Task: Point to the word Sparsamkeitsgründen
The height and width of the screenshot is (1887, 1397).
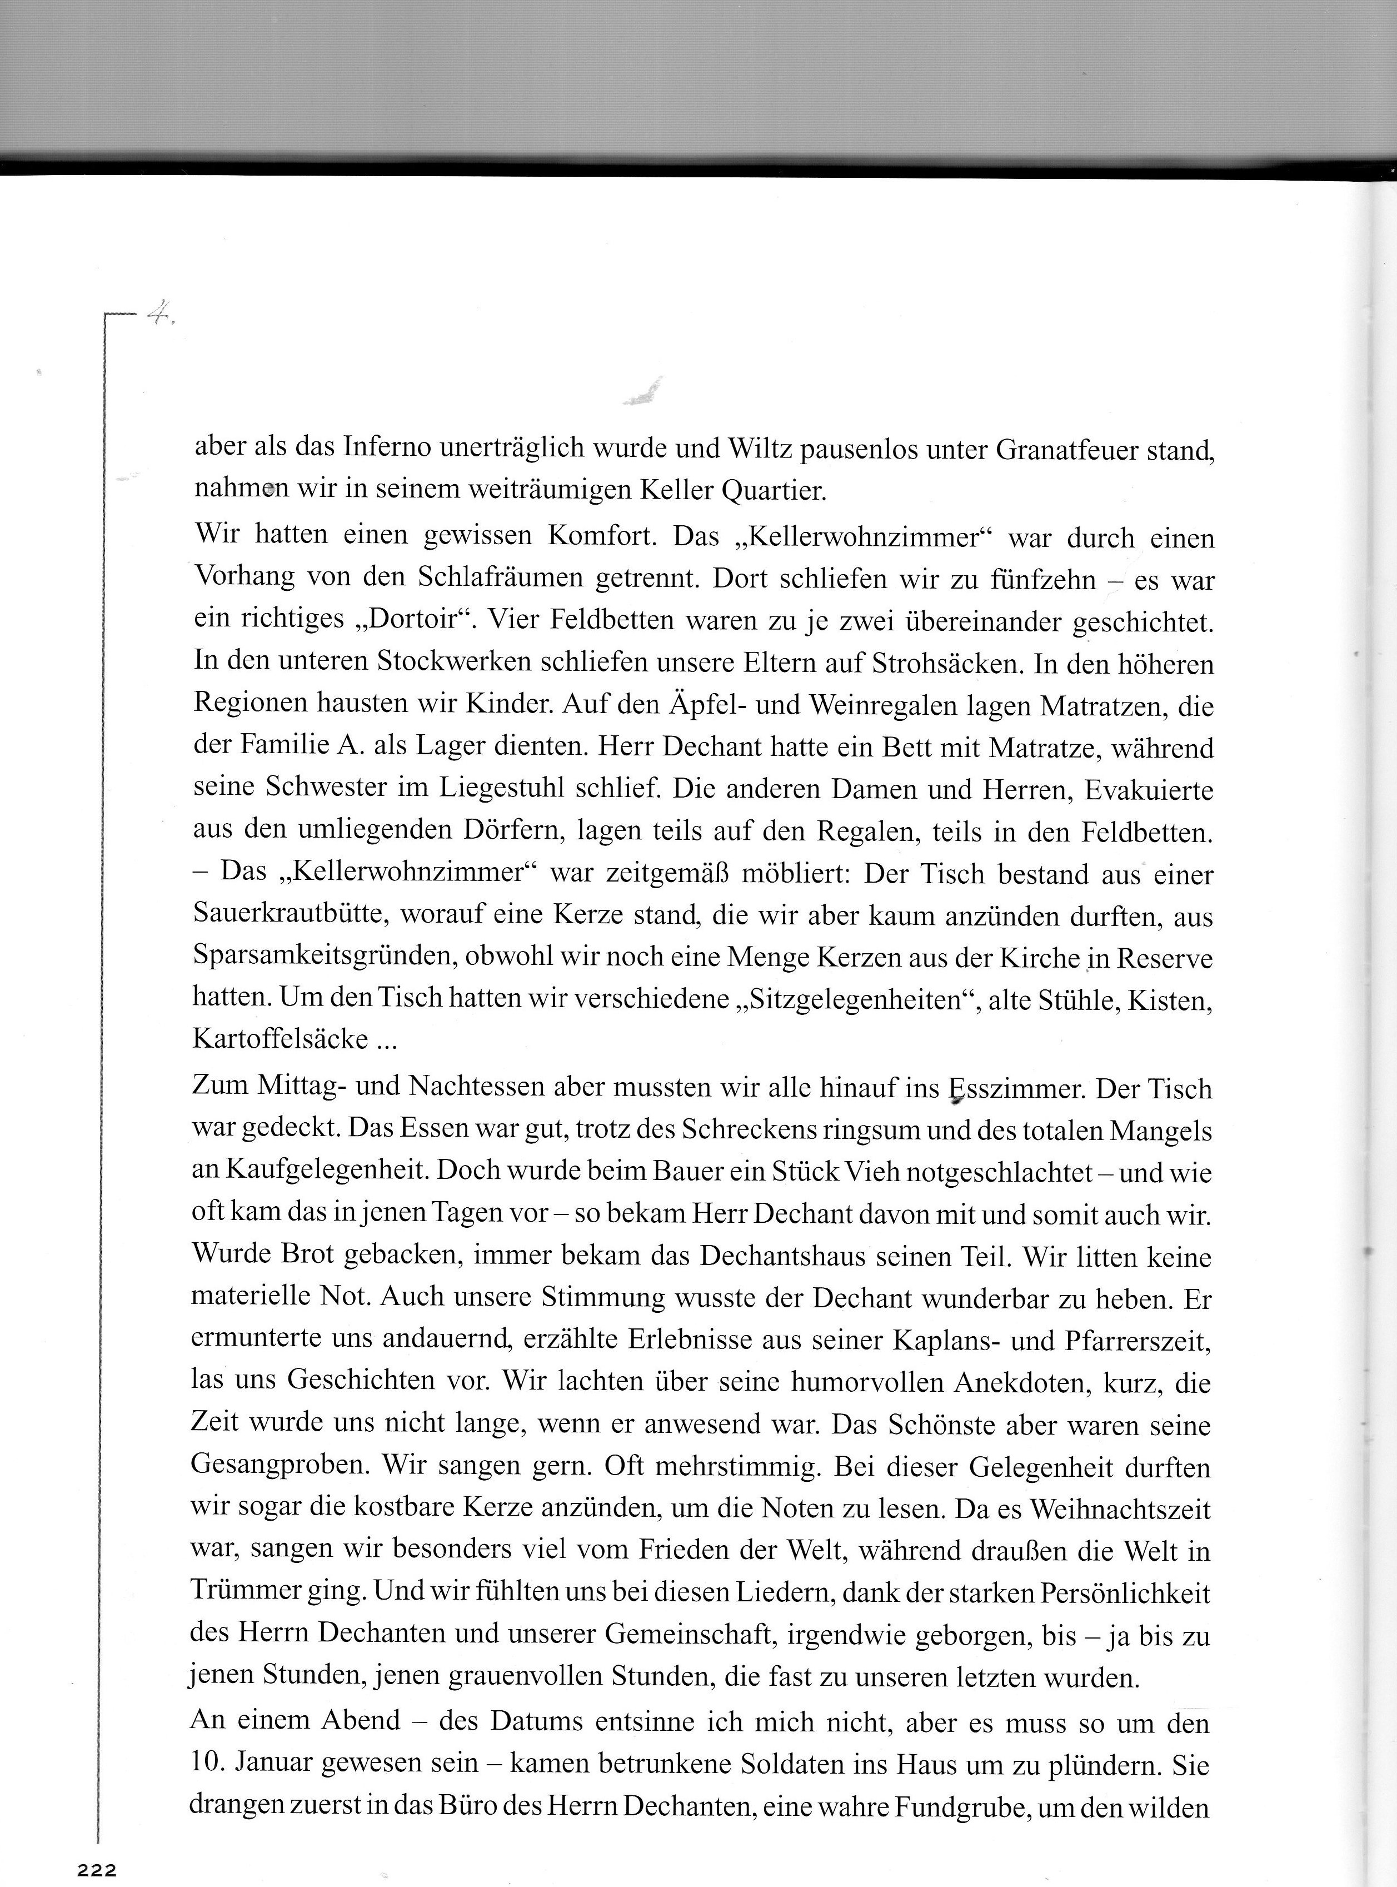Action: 326,958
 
